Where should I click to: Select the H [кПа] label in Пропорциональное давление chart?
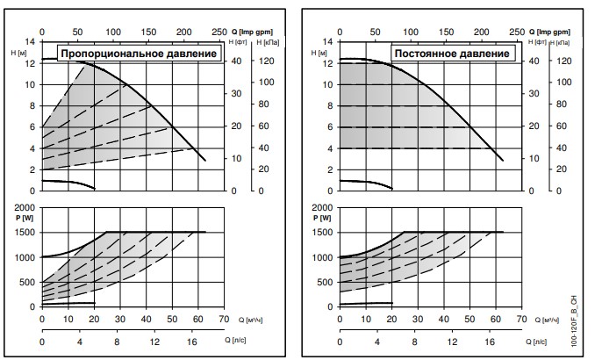point(264,41)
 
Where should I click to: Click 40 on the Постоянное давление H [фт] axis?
point(535,61)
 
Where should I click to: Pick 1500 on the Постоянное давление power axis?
point(324,233)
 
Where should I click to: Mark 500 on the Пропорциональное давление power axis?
point(29,283)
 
